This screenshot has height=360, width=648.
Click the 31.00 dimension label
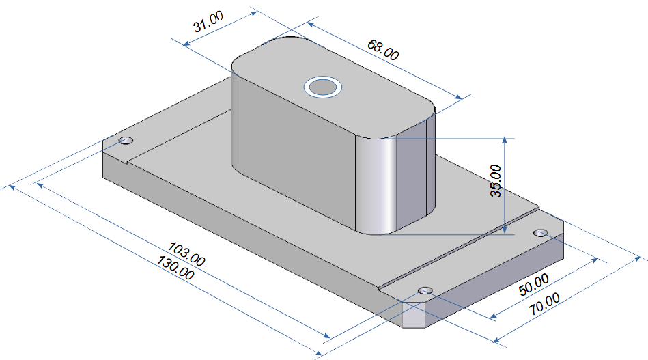click(208, 21)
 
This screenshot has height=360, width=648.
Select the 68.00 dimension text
click(383, 50)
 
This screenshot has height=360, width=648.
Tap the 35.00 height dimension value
click(496, 180)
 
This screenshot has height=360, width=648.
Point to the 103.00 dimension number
click(186, 254)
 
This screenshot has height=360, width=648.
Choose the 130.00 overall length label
click(175, 268)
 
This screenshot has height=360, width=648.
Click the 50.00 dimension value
click(534, 284)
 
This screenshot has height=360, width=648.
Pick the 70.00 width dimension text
click(545, 303)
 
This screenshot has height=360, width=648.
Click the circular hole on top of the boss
click(323, 87)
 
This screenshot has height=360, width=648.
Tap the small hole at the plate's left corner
click(126, 141)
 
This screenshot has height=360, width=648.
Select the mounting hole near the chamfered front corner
click(425, 290)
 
